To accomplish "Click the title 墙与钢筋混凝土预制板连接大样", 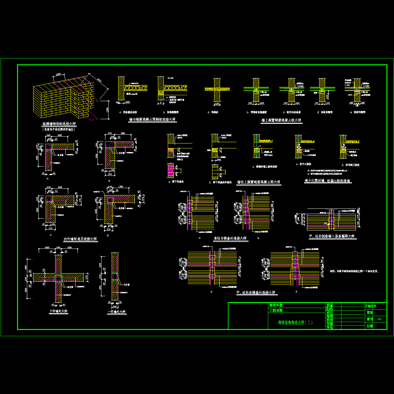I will [153, 120].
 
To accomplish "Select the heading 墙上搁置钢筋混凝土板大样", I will [281, 121].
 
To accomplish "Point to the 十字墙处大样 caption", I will [58, 311].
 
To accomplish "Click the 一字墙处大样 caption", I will [117, 312].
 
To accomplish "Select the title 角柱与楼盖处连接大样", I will [230, 238].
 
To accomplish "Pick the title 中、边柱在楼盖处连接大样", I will [255, 293].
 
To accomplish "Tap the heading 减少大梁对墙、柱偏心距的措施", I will [328, 181].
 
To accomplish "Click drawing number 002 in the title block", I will [380, 319].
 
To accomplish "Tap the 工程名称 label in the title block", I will [276, 310].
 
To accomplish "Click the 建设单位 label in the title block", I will [276, 305].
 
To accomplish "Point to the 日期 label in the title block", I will [369, 326].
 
